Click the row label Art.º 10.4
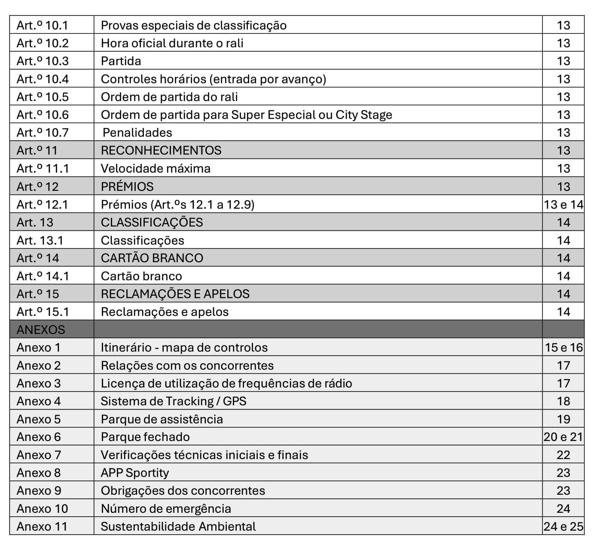(x=43, y=79)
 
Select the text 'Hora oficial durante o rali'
(x=172, y=43)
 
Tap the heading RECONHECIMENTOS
(x=161, y=150)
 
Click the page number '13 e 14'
(x=563, y=205)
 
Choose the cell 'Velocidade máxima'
(x=156, y=168)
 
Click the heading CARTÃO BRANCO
(x=152, y=258)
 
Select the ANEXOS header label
(x=41, y=330)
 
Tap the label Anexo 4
(x=39, y=401)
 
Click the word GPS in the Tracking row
(x=235, y=401)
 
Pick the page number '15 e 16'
(x=563, y=347)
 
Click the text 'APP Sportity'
(x=135, y=473)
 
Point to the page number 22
(x=563, y=455)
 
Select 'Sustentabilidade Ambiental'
(x=178, y=527)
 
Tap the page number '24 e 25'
(x=563, y=527)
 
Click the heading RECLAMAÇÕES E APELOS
(x=175, y=294)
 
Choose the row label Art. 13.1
(x=40, y=240)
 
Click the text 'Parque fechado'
(x=145, y=437)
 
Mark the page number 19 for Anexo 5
(x=563, y=419)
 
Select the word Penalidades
(x=137, y=133)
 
